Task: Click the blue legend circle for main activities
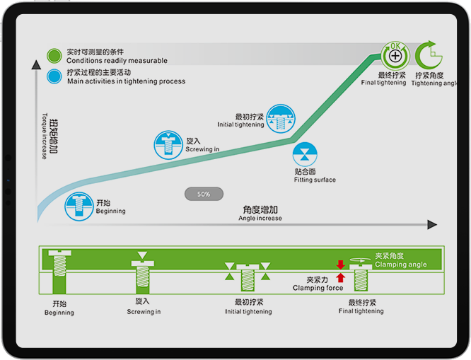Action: [x=54, y=76]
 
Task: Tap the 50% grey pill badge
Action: [x=204, y=194]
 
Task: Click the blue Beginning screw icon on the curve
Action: [x=79, y=205]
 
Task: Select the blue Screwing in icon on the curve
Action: [x=168, y=144]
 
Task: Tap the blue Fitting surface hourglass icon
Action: [x=306, y=155]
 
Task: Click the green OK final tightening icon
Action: [x=395, y=55]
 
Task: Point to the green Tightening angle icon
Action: [x=427, y=55]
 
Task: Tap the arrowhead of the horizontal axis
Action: [x=432, y=224]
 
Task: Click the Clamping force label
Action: [x=318, y=284]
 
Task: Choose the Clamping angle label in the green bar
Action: [x=401, y=260]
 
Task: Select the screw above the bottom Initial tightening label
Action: [x=247, y=277]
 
